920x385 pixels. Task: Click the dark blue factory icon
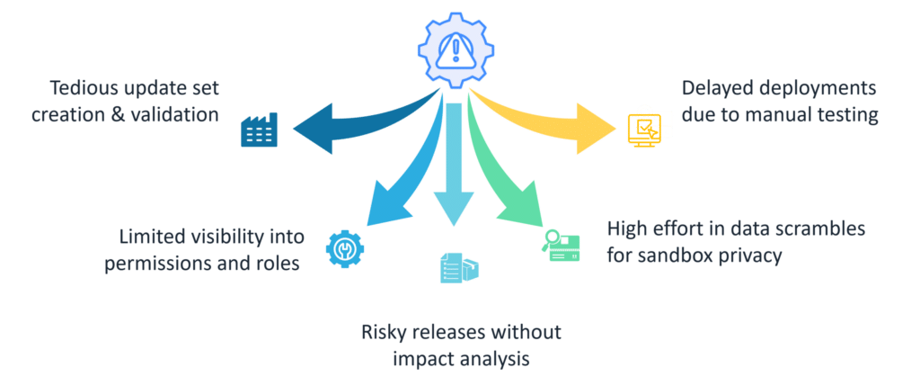click(x=259, y=130)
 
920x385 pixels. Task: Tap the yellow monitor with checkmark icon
click(x=643, y=130)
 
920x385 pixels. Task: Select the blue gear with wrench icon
click(x=345, y=248)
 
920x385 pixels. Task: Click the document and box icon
click(x=459, y=267)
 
